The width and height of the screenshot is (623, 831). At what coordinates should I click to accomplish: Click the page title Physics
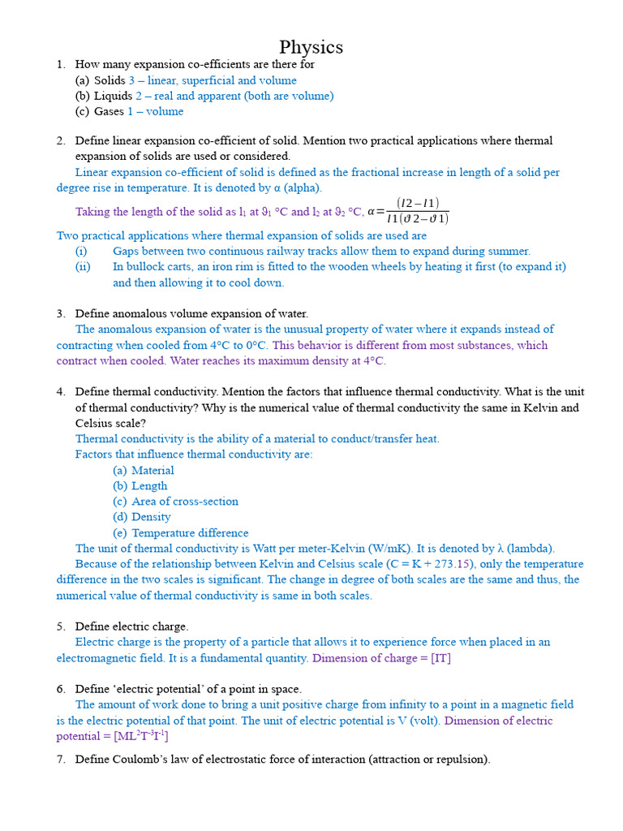coord(311,46)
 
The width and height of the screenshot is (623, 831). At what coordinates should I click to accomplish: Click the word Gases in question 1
coord(109,111)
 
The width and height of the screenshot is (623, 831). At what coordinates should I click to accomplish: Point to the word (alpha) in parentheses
coord(303,187)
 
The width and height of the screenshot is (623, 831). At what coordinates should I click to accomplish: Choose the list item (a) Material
coord(144,470)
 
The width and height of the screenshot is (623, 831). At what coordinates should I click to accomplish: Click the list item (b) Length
coord(140,485)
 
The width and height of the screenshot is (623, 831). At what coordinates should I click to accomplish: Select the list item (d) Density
coord(142,516)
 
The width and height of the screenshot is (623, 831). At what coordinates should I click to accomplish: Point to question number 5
coord(61,626)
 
